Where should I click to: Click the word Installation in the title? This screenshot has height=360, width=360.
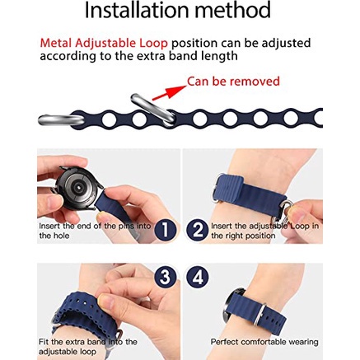138,11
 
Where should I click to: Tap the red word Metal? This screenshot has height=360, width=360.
56,43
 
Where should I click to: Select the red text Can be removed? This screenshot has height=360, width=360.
233,82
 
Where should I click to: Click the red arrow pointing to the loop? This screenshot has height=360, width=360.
169,92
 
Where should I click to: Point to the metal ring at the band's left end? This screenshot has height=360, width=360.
60,119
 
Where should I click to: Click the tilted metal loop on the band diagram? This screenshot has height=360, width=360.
153,110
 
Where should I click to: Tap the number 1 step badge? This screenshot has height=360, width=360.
165,230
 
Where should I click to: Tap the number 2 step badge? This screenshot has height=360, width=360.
198,230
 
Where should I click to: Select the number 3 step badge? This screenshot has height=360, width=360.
165,277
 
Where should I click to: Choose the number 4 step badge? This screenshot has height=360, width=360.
198,277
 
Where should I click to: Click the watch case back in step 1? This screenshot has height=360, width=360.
78,188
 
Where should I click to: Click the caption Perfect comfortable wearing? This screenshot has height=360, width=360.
264,342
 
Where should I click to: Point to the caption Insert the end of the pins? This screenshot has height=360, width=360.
95,231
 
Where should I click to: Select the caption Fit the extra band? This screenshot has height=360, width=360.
87,347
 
